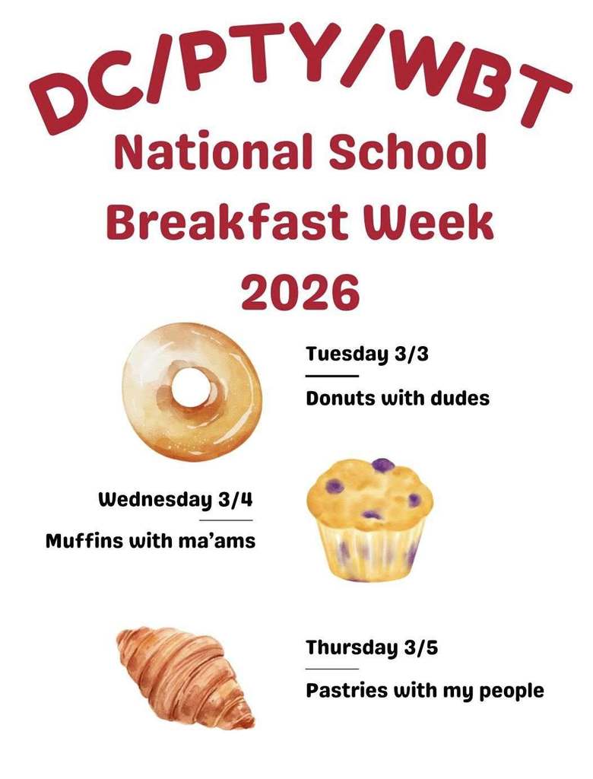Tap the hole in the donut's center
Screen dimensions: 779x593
(x=190, y=389)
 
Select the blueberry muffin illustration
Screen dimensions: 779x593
(x=369, y=517)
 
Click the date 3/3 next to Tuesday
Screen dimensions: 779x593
(x=411, y=354)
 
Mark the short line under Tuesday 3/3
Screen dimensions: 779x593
(x=332, y=375)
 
